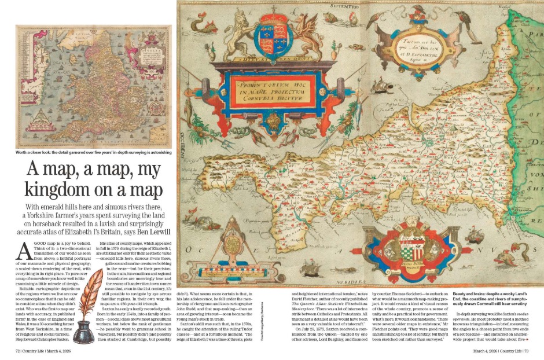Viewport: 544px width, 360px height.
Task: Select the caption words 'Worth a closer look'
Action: click(35, 153)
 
